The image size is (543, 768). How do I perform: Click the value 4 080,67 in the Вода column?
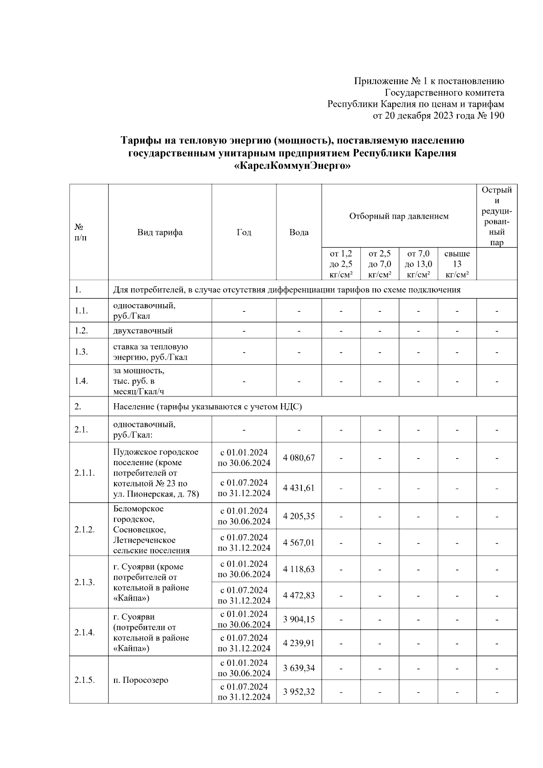coord(299,458)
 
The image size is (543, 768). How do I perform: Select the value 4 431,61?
coord(299,488)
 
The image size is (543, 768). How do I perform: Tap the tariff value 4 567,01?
coord(299,543)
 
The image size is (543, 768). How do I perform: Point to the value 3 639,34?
coord(299,668)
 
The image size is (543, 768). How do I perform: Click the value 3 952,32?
coord(299,692)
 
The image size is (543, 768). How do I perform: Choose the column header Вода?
coord(299,232)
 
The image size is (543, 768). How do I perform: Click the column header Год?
coord(244,232)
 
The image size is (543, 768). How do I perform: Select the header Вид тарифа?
coord(160,232)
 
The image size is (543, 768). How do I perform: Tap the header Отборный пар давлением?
coord(399,216)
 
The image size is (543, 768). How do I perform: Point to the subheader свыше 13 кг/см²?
coord(457,264)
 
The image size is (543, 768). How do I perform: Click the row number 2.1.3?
coord(85,582)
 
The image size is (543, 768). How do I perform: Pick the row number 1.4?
coord(81,381)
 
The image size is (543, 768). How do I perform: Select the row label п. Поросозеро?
coord(141,680)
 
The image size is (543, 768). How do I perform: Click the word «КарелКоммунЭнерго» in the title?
coord(292,166)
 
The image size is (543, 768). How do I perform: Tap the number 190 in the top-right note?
coord(496,116)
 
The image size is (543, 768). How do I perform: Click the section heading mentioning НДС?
coord(207,406)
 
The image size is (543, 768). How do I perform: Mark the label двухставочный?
coord(143,330)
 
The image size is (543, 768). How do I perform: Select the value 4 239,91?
coord(299,643)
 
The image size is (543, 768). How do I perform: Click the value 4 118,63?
coord(299,569)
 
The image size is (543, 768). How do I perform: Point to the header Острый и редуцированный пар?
coord(496,216)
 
